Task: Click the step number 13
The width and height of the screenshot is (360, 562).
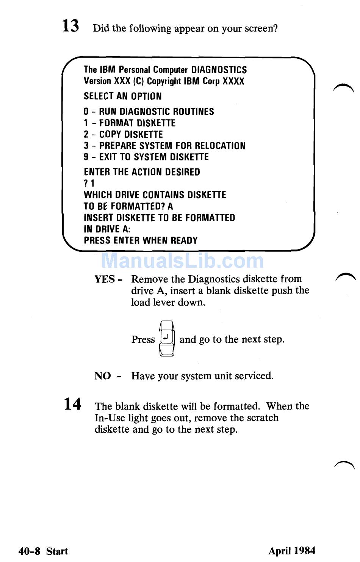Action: click(x=70, y=26)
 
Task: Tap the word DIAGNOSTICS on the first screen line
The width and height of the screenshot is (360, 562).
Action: click(x=219, y=70)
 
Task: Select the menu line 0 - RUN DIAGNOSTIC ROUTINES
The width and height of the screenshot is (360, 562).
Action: click(x=149, y=111)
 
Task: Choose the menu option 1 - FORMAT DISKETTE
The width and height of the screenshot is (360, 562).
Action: click(x=130, y=123)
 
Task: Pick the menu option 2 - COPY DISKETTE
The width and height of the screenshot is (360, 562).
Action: click(x=123, y=134)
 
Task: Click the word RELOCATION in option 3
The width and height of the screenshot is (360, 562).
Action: click(x=220, y=146)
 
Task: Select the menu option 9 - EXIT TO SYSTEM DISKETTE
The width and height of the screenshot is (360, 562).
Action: click(x=146, y=157)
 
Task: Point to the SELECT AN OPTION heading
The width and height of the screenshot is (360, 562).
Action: click(x=122, y=96)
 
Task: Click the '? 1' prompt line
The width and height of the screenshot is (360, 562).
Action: click(x=89, y=184)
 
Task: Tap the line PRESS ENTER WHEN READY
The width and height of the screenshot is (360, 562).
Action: click(x=141, y=240)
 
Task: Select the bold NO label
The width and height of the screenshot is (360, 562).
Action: click(x=102, y=376)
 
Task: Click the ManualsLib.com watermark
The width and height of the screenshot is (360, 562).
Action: click(x=183, y=261)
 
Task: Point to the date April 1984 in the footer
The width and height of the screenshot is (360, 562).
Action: click(x=292, y=551)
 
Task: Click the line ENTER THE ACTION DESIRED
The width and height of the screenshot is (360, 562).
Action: click(x=142, y=172)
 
